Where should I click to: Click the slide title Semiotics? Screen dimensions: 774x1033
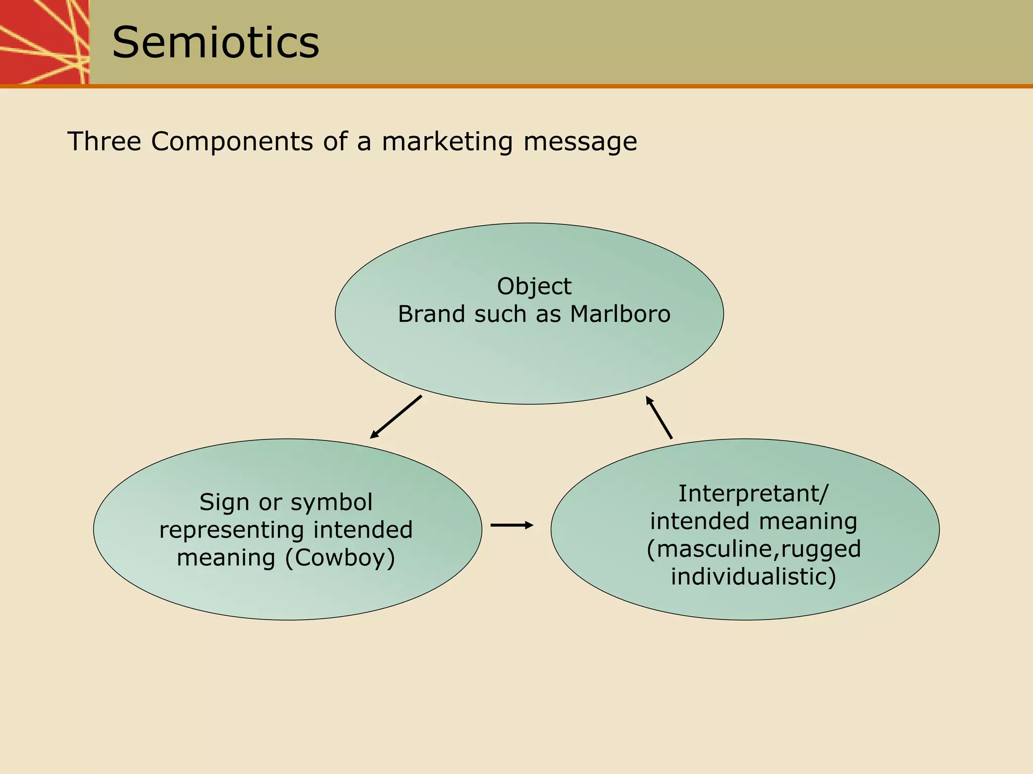(x=215, y=42)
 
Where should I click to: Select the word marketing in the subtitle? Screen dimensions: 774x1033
(x=447, y=141)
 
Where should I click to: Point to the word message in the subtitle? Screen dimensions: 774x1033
(x=580, y=141)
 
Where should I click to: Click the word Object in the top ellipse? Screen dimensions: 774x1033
(x=534, y=287)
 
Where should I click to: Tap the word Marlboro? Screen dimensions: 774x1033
(x=620, y=314)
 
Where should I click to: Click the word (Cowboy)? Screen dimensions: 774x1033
(x=340, y=558)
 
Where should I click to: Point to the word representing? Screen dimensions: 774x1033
(x=232, y=530)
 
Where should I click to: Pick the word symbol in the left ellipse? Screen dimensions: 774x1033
(x=332, y=503)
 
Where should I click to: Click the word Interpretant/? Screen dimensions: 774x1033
(x=753, y=493)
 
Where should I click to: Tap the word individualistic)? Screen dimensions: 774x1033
(x=753, y=577)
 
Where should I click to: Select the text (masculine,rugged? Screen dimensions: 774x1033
(x=754, y=549)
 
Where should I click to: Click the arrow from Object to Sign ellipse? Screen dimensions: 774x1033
(x=396, y=417)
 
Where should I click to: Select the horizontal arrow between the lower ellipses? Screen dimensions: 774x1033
(x=511, y=525)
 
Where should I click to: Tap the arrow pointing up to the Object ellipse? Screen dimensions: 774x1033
(x=659, y=418)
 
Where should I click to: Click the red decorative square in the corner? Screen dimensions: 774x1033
(x=44, y=41)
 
